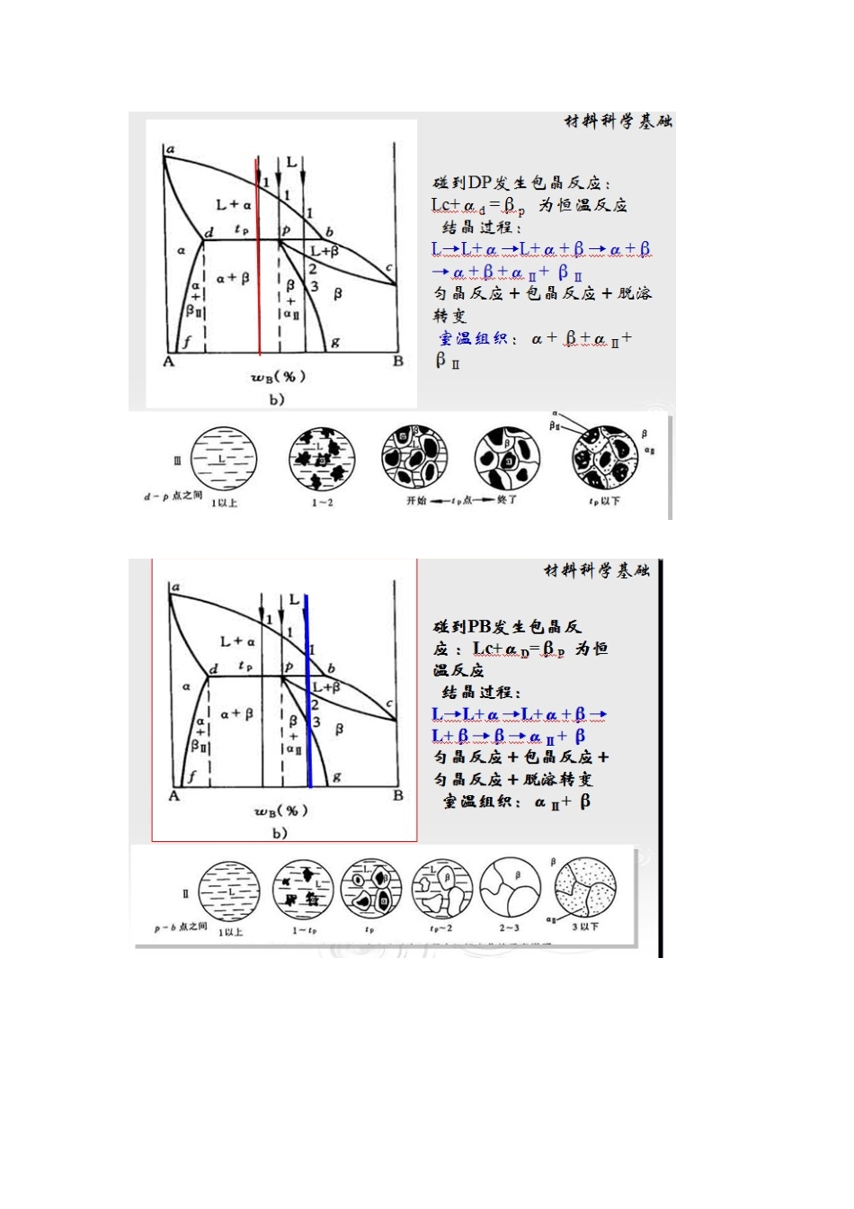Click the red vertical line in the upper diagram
pyautogui.click(x=259, y=270)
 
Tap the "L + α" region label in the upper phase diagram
pyautogui.click(x=234, y=204)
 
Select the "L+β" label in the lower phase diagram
pyautogui.click(x=325, y=687)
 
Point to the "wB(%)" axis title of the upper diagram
pyautogui.click(x=278, y=377)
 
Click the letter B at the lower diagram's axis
pyautogui.click(x=397, y=795)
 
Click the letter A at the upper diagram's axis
pyautogui.click(x=168, y=362)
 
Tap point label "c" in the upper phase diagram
pyautogui.click(x=388, y=268)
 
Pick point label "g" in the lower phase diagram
pyautogui.click(x=336, y=775)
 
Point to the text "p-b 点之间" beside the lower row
pyautogui.click(x=180, y=927)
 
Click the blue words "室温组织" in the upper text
pyautogui.click(x=476, y=339)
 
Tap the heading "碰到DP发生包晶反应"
pyautogui.click(x=521, y=183)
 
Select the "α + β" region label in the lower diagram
pyautogui.click(x=236, y=713)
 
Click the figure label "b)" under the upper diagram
pyautogui.click(x=276, y=399)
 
